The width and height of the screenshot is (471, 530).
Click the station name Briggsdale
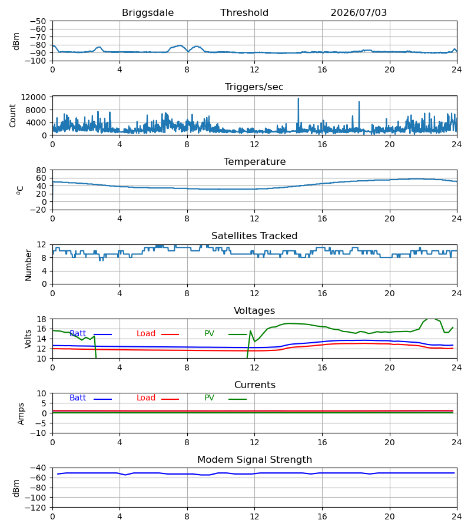pos(148,13)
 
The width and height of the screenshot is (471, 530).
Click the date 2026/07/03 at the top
pos(359,13)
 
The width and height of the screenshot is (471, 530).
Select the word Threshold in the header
pos(244,13)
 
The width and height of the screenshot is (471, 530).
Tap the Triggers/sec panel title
pos(254,87)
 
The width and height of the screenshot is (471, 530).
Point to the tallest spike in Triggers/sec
pos(298,99)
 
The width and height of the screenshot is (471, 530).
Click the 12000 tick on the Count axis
pos(34,97)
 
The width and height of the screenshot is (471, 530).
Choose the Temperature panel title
pos(254,161)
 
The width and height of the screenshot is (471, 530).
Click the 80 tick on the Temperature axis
pos(42,170)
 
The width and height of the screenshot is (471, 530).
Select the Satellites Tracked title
pos(254,236)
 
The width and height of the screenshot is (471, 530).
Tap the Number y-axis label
pos(28,265)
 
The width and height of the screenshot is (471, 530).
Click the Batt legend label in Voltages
pos(78,334)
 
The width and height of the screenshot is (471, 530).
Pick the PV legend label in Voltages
pos(209,334)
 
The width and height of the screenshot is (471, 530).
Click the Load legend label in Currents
pos(145,398)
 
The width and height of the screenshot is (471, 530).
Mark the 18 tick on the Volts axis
pos(42,319)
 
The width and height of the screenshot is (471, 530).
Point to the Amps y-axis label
pos(21,413)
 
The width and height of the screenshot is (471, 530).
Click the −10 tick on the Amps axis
pos(39,433)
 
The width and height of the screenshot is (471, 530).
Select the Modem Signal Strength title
pos(254,460)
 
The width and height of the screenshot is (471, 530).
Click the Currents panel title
pos(255,385)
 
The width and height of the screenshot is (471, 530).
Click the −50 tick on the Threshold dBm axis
pos(38,21)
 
